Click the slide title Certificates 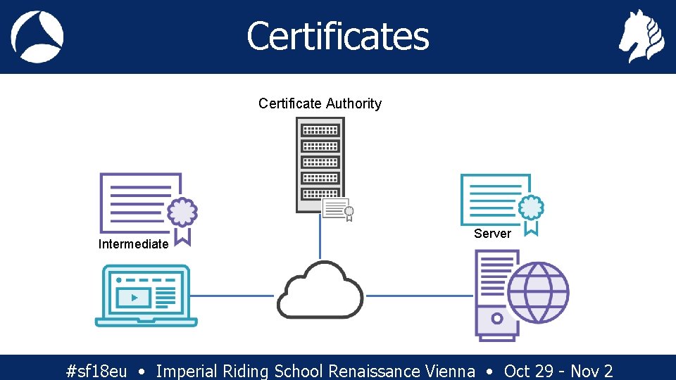[337, 36]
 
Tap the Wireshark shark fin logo [37, 37]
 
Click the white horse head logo [641, 37]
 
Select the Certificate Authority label [320, 103]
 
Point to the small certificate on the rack [337, 209]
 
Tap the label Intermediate [133, 244]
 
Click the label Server [492, 234]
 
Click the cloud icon [320, 290]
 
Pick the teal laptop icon [146, 296]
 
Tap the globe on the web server [538, 292]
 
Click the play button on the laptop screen [134, 298]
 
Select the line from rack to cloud [320, 238]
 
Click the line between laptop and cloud [232, 296]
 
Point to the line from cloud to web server [420, 296]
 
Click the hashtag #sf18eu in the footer [96, 371]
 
